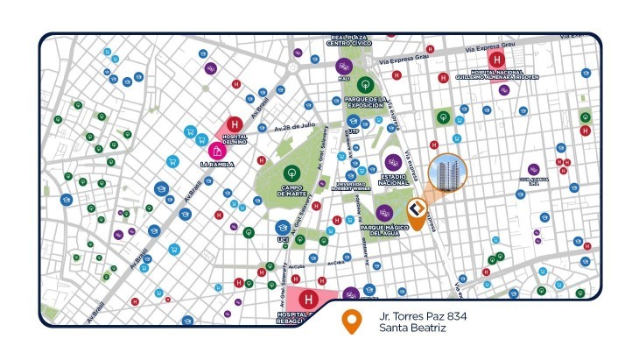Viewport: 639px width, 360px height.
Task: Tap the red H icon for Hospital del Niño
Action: click(x=234, y=124)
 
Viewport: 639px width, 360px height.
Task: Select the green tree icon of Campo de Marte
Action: click(x=292, y=173)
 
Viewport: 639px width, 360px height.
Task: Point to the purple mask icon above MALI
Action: click(x=344, y=66)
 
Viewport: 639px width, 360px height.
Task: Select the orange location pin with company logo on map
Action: click(x=418, y=213)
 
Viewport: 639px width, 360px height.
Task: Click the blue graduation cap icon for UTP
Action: click(x=354, y=121)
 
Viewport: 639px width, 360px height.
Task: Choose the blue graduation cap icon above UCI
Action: click(x=282, y=228)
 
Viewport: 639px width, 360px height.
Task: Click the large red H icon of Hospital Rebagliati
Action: click(x=307, y=301)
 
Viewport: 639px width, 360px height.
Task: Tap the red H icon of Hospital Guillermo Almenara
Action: click(x=497, y=60)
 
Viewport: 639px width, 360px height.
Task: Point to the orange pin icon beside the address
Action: click(x=352, y=322)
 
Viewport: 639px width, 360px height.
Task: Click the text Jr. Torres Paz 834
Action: click(x=417, y=315)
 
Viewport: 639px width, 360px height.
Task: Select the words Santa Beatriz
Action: click(x=408, y=328)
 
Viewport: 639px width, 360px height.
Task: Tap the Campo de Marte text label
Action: click(x=292, y=189)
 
